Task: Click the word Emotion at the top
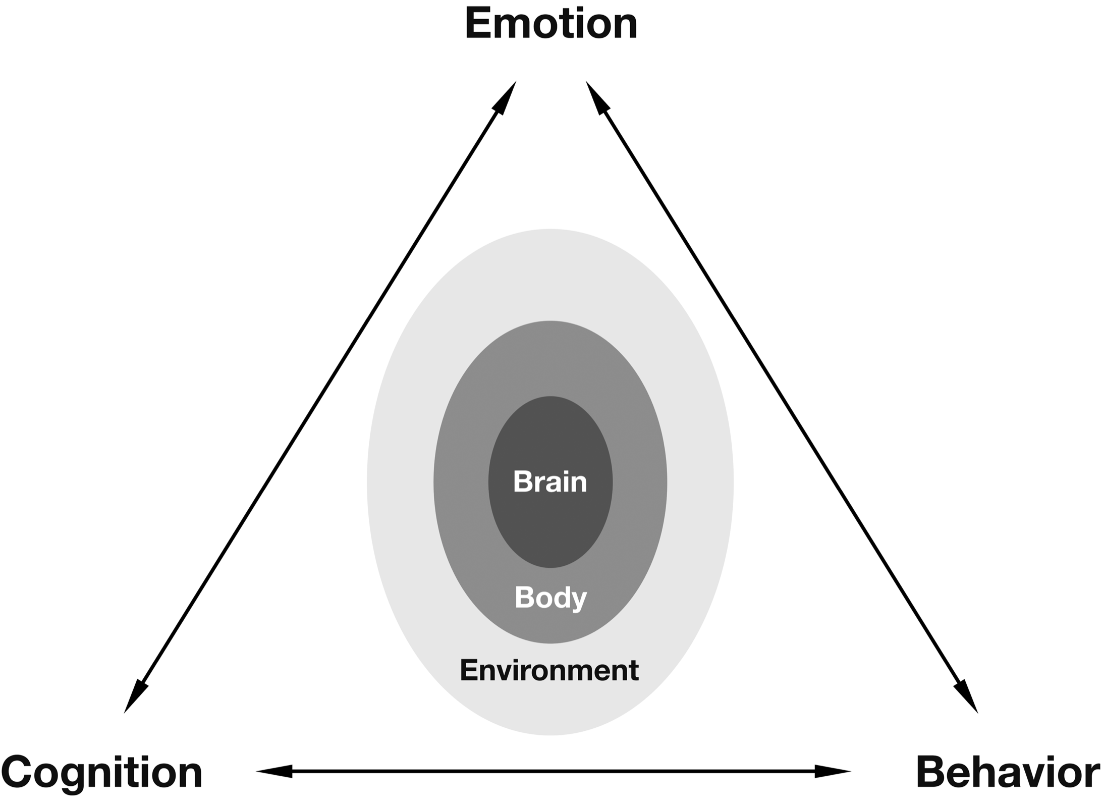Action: point(551,24)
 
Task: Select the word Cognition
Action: point(102,773)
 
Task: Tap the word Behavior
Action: point(1008,773)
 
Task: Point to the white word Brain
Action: point(550,482)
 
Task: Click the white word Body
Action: point(550,598)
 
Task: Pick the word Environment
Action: point(549,671)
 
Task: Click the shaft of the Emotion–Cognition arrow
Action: point(320,397)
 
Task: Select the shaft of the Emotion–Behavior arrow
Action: point(782,397)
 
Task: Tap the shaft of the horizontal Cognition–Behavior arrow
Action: point(553,771)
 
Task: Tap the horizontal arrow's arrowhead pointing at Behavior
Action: point(832,771)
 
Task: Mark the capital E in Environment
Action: point(467,671)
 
